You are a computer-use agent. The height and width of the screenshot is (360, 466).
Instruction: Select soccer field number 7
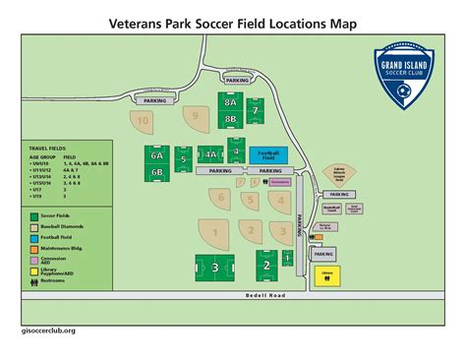click(256, 111)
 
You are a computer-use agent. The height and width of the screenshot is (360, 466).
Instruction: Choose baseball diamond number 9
click(197, 116)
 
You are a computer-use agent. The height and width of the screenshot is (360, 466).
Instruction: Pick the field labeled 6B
click(157, 171)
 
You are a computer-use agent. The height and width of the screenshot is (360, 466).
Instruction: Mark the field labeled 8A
click(231, 101)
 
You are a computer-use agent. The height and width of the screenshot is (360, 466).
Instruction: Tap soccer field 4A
click(210, 153)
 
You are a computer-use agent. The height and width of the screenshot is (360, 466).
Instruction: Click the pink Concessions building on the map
click(281, 182)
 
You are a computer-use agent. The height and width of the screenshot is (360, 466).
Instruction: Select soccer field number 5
click(183, 157)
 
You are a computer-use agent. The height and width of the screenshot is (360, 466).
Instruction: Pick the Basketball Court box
click(331, 209)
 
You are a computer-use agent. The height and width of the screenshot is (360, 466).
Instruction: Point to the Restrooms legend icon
click(33, 280)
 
